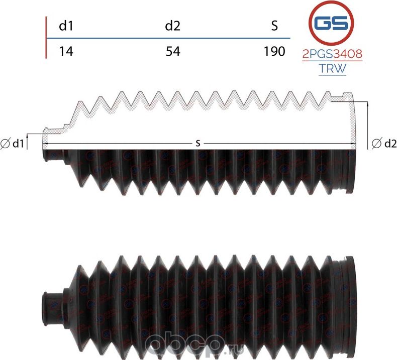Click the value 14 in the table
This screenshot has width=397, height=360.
coord(66,51)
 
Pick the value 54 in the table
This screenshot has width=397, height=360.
coord(172,51)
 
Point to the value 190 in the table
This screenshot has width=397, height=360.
coord(274,51)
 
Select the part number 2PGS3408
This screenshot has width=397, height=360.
coord(332,54)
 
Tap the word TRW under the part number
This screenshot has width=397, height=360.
coord(332,69)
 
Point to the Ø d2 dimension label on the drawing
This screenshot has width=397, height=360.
coord(381,144)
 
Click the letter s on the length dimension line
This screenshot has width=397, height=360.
coord(198,144)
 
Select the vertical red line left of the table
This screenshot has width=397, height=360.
coord(46,38)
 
